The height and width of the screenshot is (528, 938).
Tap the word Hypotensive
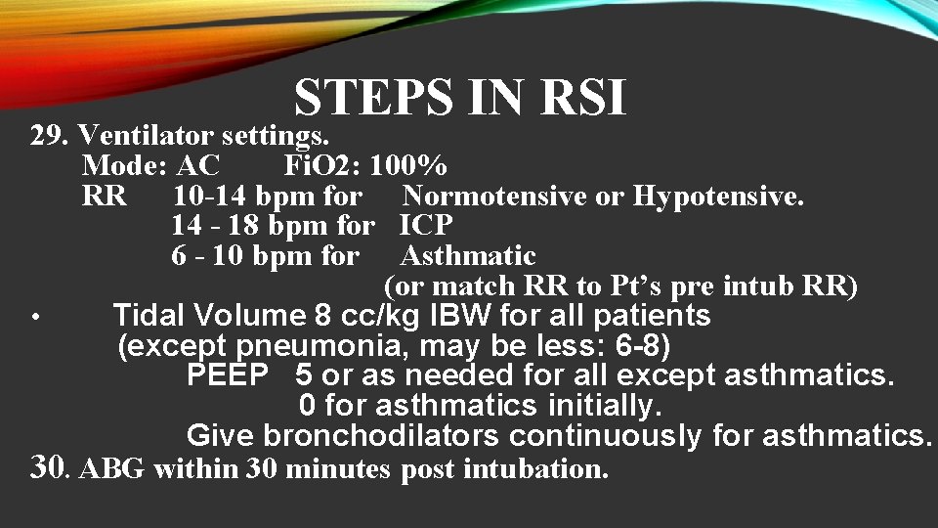718,196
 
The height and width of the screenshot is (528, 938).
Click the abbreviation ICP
427,226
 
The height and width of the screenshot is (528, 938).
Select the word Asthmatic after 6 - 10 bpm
468,256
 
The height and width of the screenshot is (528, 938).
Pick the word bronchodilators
382,435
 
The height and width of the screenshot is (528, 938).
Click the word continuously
606,435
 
